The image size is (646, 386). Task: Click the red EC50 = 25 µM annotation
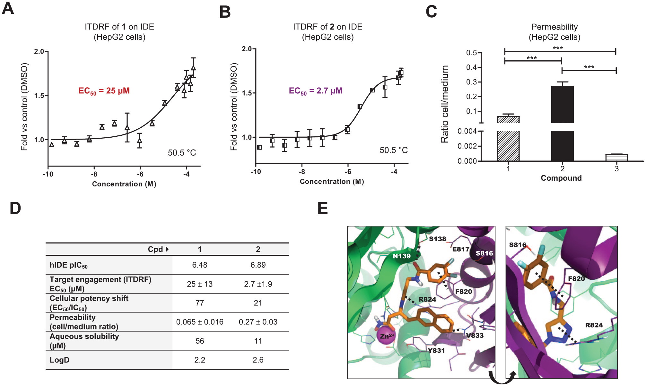pos(104,91)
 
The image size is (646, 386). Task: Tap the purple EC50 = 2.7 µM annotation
pos(316,91)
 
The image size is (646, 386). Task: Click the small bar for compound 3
pos(616,157)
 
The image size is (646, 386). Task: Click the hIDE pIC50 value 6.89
pos(258,265)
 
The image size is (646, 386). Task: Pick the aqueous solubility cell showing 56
pos(200,341)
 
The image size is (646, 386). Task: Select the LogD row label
pos(59,360)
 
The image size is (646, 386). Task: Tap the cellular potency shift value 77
pos(200,303)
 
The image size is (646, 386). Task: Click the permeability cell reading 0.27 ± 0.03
pos(258,322)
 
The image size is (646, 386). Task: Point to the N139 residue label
pos(402,256)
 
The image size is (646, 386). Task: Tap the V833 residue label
pos(475,336)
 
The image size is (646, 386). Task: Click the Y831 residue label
pos(436,351)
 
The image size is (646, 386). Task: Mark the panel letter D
pos(15,208)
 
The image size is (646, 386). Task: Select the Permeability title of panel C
pos(554,27)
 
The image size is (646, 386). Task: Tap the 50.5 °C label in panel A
pos(182,153)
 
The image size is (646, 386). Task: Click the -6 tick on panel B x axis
pos(348,172)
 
